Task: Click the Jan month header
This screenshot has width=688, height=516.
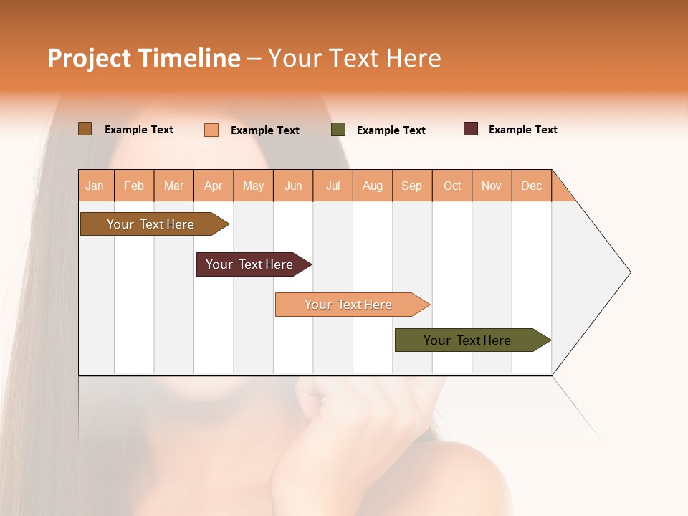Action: [x=95, y=186]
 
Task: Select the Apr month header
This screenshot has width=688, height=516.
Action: [x=214, y=186]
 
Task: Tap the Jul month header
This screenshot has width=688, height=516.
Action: [x=333, y=186]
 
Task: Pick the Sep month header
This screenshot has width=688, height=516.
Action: [x=412, y=186]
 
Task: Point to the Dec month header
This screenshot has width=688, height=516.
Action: [x=532, y=186]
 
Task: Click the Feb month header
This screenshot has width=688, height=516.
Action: [x=134, y=186]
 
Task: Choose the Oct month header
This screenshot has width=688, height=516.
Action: [x=452, y=186]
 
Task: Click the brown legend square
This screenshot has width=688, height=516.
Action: [x=85, y=129]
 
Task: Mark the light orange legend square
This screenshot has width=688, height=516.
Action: [x=211, y=130]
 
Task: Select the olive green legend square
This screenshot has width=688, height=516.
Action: [x=338, y=130]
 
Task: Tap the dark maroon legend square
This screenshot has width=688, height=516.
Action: [x=471, y=129]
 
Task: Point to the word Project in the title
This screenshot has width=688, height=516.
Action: [x=89, y=58]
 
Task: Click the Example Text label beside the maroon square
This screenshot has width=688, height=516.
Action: [x=522, y=130]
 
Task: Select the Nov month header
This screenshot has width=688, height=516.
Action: [x=492, y=186]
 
